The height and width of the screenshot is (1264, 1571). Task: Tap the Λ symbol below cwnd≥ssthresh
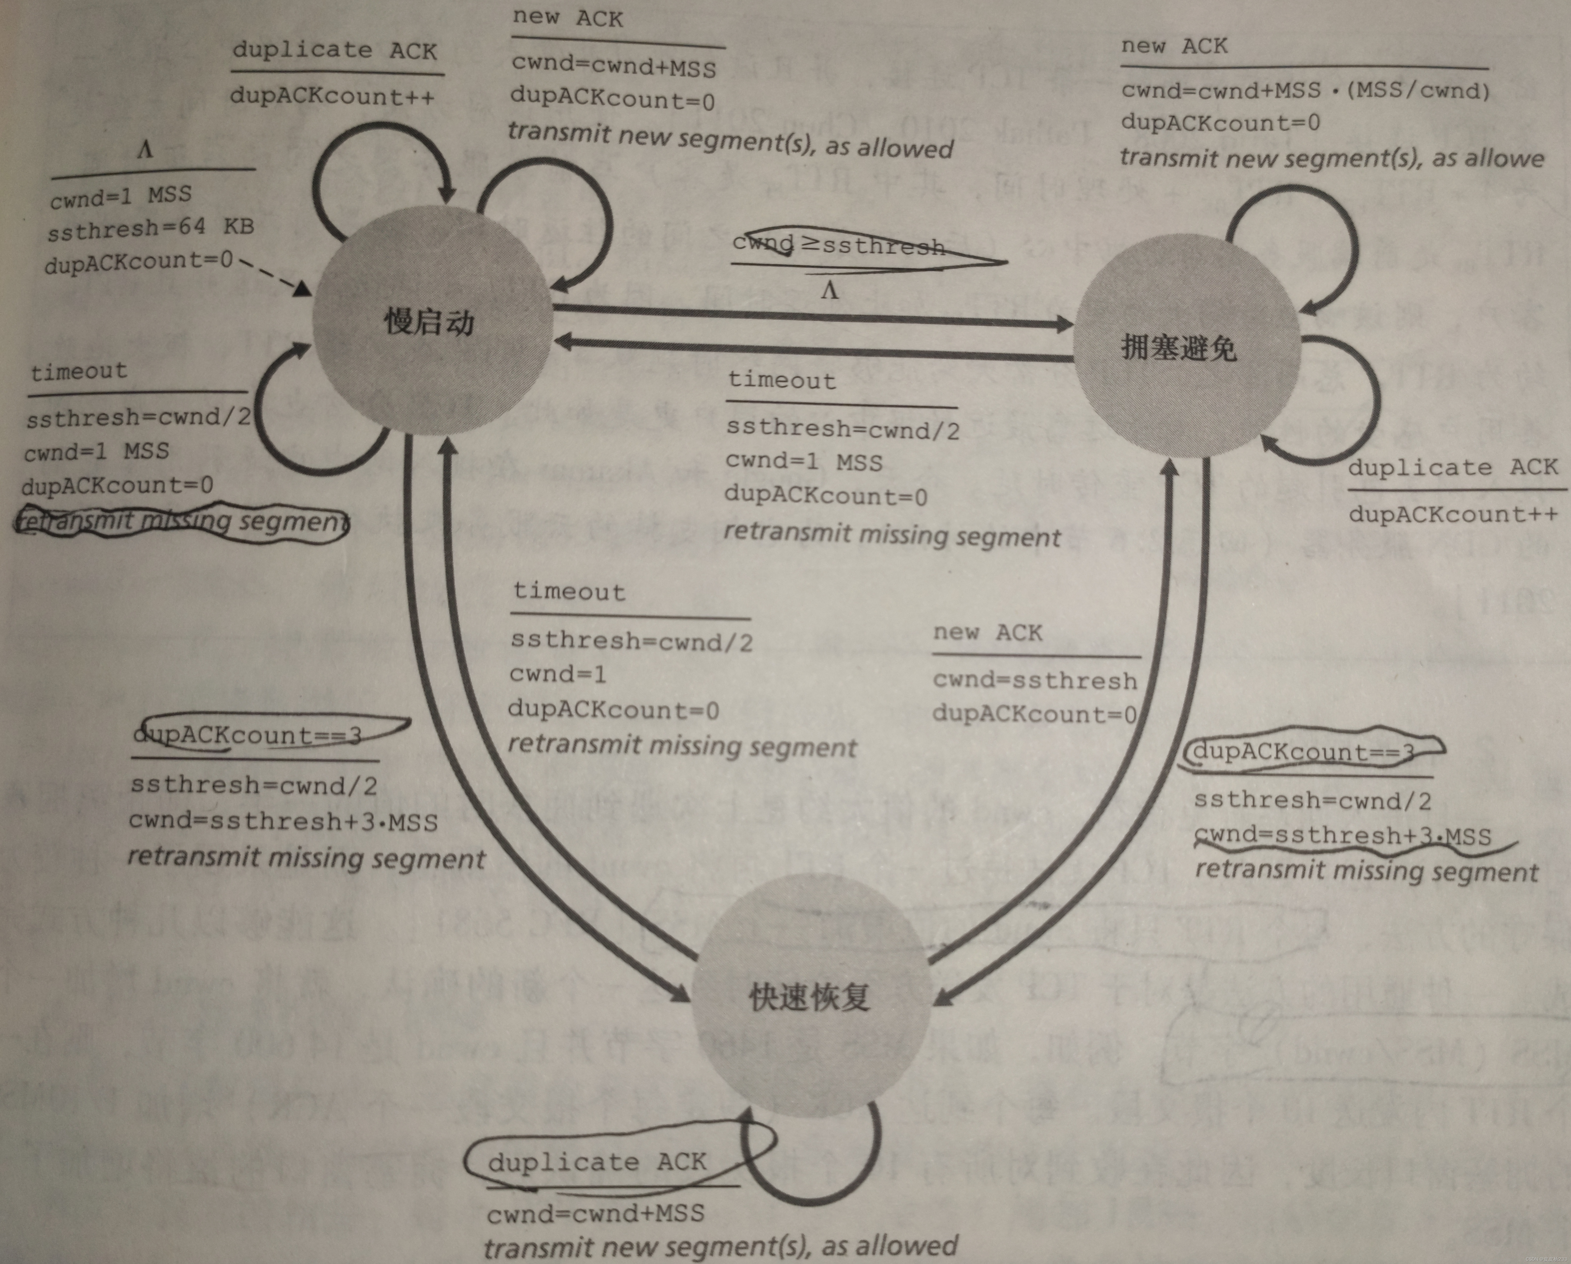coord(829,291)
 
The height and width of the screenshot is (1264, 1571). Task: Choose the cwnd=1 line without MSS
coord(557,674)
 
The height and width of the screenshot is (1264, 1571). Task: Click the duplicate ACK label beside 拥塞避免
coord(1452,467)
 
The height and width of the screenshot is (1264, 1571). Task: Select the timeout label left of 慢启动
coord(79,371)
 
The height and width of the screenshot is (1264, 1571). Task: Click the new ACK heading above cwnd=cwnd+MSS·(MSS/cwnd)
coord(1174,47)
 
